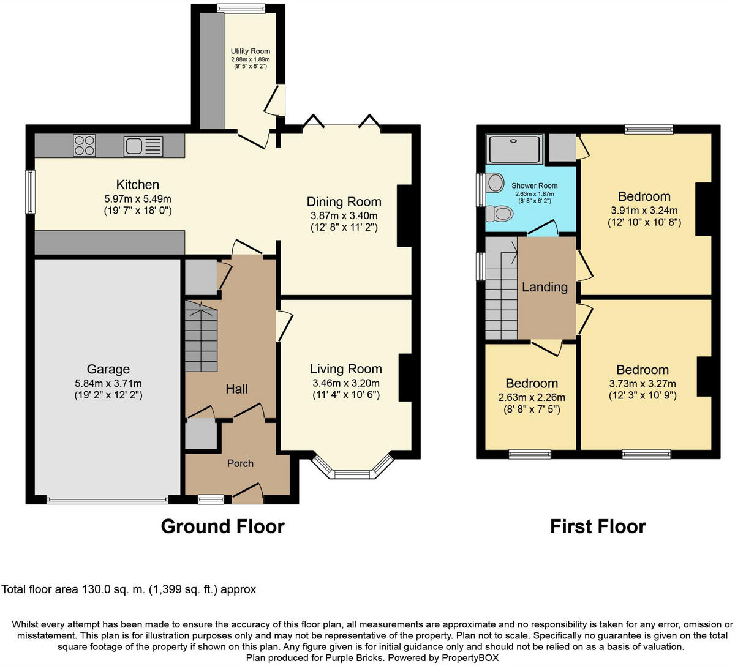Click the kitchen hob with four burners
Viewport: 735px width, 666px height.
(x=85, y=146)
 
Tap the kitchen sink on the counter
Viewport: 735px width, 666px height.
(x=143, y=146)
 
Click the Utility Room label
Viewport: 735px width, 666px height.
(x=250, y=51)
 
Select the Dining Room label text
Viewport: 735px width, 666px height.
(x=344, y=202)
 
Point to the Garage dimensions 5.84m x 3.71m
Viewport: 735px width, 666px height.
(x=108, y=383)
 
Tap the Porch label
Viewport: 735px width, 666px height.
(x=240, y=463)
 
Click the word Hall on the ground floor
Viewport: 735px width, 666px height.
(x=236, y=389)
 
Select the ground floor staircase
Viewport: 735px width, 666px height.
(x=201, y=337)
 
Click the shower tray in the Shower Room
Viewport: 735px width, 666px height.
(x=514, y=149)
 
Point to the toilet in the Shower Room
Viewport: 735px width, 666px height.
(x=499, y=214)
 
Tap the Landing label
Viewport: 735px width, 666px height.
(x=545, y=287)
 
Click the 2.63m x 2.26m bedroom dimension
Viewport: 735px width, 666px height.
(x=532, y=397)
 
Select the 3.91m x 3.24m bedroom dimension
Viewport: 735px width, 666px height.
(x=644, y=210)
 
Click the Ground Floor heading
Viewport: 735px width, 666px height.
(x=222, y=526)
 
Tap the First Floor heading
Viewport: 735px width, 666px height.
(x=597, y=526)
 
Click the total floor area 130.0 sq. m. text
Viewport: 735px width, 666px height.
(x=129, y=589)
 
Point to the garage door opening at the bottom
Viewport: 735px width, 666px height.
(x=108, y=500)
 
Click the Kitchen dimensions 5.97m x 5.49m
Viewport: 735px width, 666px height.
(x=138, y=199)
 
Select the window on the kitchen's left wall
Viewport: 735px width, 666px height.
(x=29, y=192)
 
